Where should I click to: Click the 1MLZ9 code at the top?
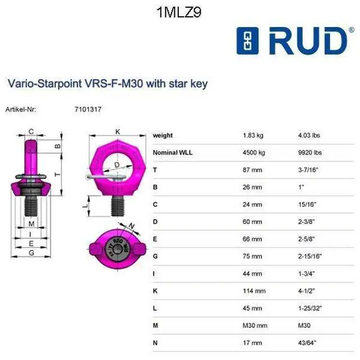tap(179, 12)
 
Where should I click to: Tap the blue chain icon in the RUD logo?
tap(247, 41)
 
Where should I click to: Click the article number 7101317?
tap(88, 109)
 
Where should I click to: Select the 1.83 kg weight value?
tap(253, 135)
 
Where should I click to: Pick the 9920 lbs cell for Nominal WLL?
tap(310, 152)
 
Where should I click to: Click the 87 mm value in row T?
tap(253, 170)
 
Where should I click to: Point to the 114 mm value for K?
tap(254, 291)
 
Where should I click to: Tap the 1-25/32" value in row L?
tap(310, 308)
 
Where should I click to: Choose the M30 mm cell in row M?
tap(255, 325)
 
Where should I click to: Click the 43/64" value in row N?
tap(307, 343)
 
